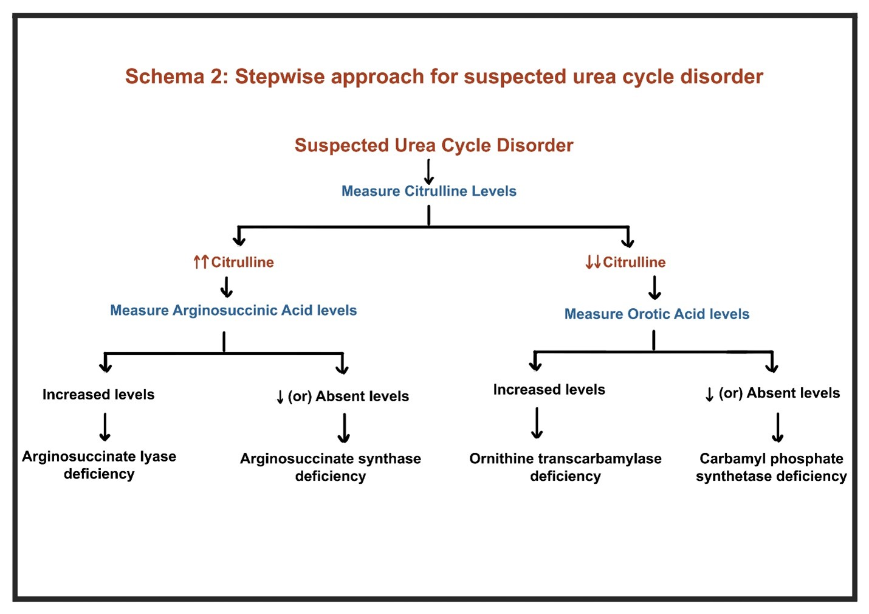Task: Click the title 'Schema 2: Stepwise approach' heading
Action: [x=444, y=77]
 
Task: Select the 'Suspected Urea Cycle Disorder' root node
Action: [x=434, y=145]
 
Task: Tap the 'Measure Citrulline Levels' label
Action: [x=429, y=191]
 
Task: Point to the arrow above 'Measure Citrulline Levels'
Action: [x=429, y=171]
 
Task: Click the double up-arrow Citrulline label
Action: [x=234, y=262]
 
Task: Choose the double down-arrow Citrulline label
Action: [x=625, y=262]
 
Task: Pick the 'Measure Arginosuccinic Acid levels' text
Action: [x=233, y=310]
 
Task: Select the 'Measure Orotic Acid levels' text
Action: [x=657, y=314]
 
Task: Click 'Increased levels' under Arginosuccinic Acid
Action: [x=98, y=395]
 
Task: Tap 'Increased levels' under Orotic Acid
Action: [x=549, y=390]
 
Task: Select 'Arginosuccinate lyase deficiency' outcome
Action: [x=99, y=465]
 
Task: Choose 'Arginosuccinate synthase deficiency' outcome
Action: [x=331, y=467]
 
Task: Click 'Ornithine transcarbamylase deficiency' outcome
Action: [x=565, y=467]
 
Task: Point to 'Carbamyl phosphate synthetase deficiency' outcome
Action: [x=771, y=467]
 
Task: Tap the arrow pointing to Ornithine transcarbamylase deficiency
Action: [x=537, y=423]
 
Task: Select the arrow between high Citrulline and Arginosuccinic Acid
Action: [x=227, y=286]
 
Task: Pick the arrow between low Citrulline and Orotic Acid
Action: [x=654, y=288]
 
